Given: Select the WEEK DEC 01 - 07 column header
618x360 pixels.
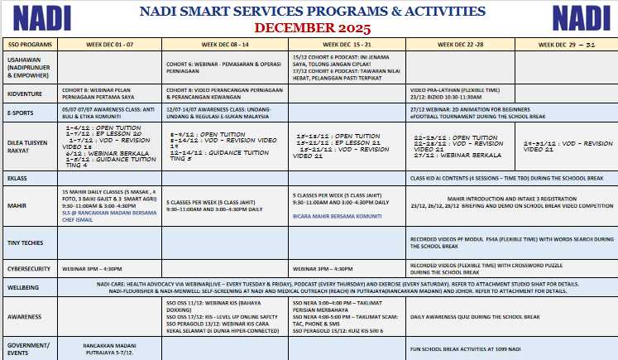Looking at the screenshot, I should (111, 44).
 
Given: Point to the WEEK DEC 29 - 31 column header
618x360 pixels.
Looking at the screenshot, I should (572, 44).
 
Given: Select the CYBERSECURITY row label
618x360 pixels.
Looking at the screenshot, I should (27, 268).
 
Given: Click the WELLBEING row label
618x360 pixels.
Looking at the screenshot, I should (22, 286).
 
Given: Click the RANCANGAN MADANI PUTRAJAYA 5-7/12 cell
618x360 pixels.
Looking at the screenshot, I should (111, 348).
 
